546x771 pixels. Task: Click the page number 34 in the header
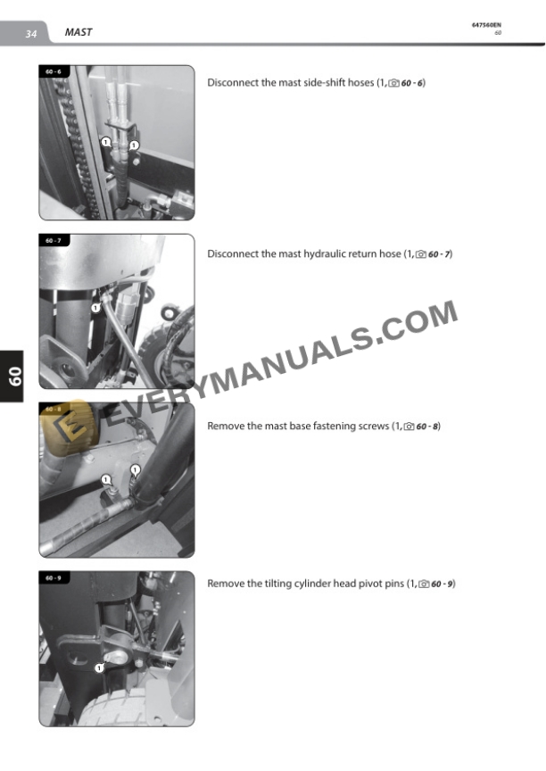(x=31, y=33)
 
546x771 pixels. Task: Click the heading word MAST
(x=79, y=32)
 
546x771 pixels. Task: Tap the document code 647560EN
(x=486, y=25)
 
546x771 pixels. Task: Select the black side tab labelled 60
(x=12, y=377)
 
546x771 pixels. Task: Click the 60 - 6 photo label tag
(x=54, y=71)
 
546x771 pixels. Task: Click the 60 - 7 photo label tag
(x=54, y=240)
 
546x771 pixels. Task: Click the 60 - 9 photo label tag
(x=54, y=577)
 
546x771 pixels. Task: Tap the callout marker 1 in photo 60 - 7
(x=95, y=308)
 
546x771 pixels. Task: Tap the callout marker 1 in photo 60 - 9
(x=99, y=667)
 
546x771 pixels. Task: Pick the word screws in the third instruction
(x=373, y=426)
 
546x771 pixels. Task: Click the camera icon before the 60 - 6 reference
(x=393, y=84)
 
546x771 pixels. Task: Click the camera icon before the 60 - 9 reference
(x=424, y=584)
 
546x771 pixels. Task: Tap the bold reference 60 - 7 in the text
(x=439, y=254)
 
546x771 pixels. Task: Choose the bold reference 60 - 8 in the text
(x=427, y=427)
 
